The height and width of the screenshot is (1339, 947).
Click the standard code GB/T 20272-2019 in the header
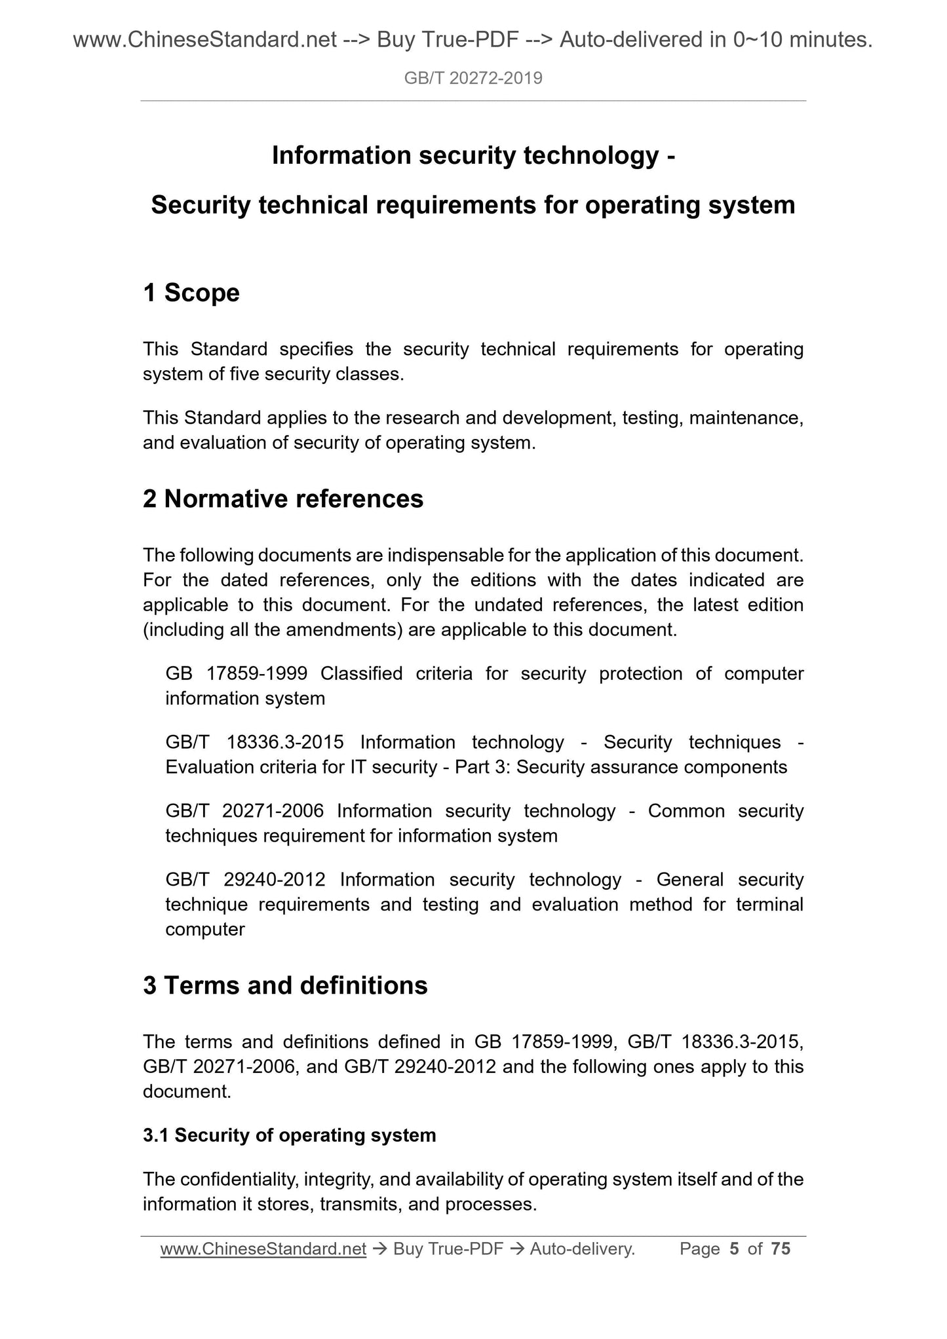(473, 79)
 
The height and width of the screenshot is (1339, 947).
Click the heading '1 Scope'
(191, 293)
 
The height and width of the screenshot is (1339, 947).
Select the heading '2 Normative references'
(283, 499)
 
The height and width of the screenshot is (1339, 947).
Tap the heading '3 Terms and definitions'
(285, 985)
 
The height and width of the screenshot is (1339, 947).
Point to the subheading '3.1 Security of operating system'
(289, 1135)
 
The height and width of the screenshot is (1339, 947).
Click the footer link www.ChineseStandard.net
(263, 1249)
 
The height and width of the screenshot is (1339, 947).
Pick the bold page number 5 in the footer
(734, 1249)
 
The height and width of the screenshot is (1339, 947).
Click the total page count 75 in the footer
(781, 1249)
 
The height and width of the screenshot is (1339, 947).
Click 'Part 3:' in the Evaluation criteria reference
(482, 767)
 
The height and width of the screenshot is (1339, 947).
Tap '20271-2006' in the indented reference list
(273, 811)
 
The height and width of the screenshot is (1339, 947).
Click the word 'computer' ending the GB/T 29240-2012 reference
(205, 930)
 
